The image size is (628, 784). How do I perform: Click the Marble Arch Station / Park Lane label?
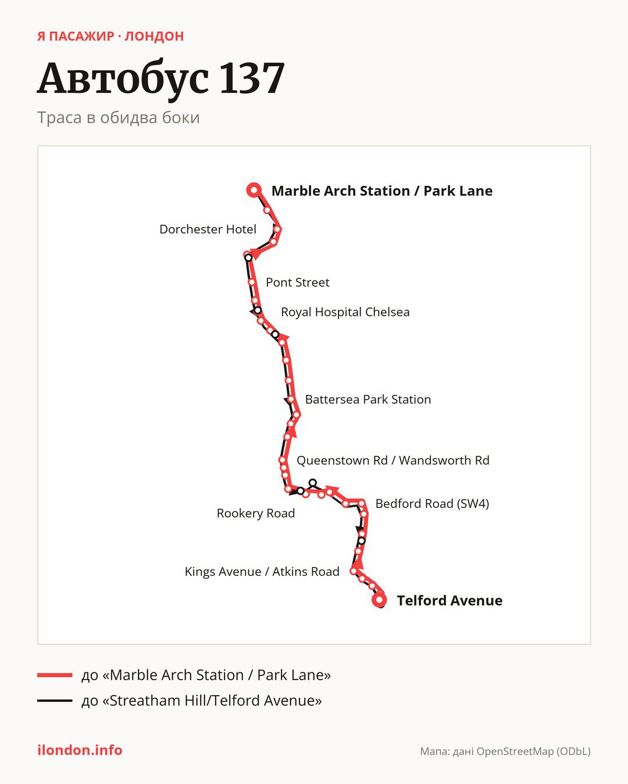[x=381, y=191]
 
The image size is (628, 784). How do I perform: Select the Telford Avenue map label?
[x=449, y=600]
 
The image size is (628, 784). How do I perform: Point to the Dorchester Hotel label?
[x=208, y=229]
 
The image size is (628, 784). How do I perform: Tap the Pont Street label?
[x=297, y=282]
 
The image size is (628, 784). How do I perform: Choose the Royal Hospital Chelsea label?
[x=345, y=312]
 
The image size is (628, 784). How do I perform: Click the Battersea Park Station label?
[x=368, y=400]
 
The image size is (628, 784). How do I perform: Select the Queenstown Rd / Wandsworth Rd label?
[x=392, y=461]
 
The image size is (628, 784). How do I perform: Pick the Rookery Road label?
[x=255, y=513]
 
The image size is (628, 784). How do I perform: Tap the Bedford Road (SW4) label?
[x=432, y=504]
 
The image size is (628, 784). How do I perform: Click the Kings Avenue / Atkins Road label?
[x=262, y=571]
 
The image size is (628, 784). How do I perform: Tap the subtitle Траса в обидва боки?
[x=119, y=118]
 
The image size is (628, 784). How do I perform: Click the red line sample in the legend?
[x=55, y=675]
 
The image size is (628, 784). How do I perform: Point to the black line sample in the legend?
[x=55, y=700]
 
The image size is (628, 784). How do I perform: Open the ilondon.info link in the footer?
[x=80, y=750]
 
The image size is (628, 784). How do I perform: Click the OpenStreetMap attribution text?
[x=505, y=751]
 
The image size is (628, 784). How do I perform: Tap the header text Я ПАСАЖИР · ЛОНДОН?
[x=110, y=36]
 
